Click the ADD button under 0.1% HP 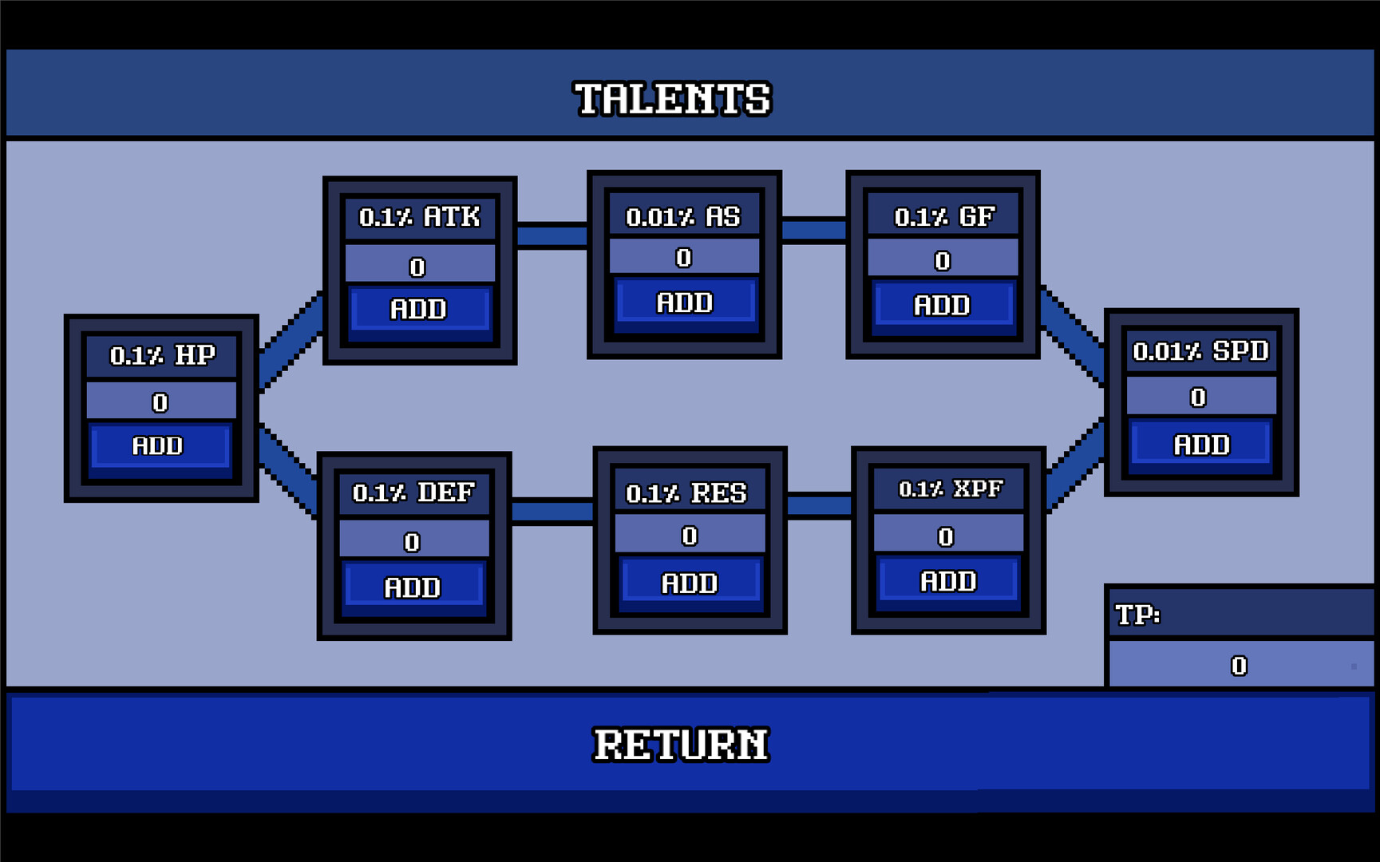click(160, 445)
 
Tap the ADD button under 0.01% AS click(684, 303)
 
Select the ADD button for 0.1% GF click(942, 305)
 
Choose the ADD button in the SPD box click(1201, 445)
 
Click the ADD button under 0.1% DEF click(413, 587)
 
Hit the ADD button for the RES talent click(690, 583)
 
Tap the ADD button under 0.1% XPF click(948, 581)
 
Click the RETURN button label click(681, 745)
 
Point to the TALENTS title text click(673, 99)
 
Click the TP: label click(1137, 615)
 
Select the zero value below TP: click(1239, 666)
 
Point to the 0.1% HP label click(162, 355)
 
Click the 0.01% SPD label click(1200, 351)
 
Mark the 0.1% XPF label click(950, 488)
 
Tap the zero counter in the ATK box click(417, 267)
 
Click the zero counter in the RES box click(690, 536)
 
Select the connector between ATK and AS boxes click(552, 236)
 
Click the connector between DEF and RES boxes click(552, 511)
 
